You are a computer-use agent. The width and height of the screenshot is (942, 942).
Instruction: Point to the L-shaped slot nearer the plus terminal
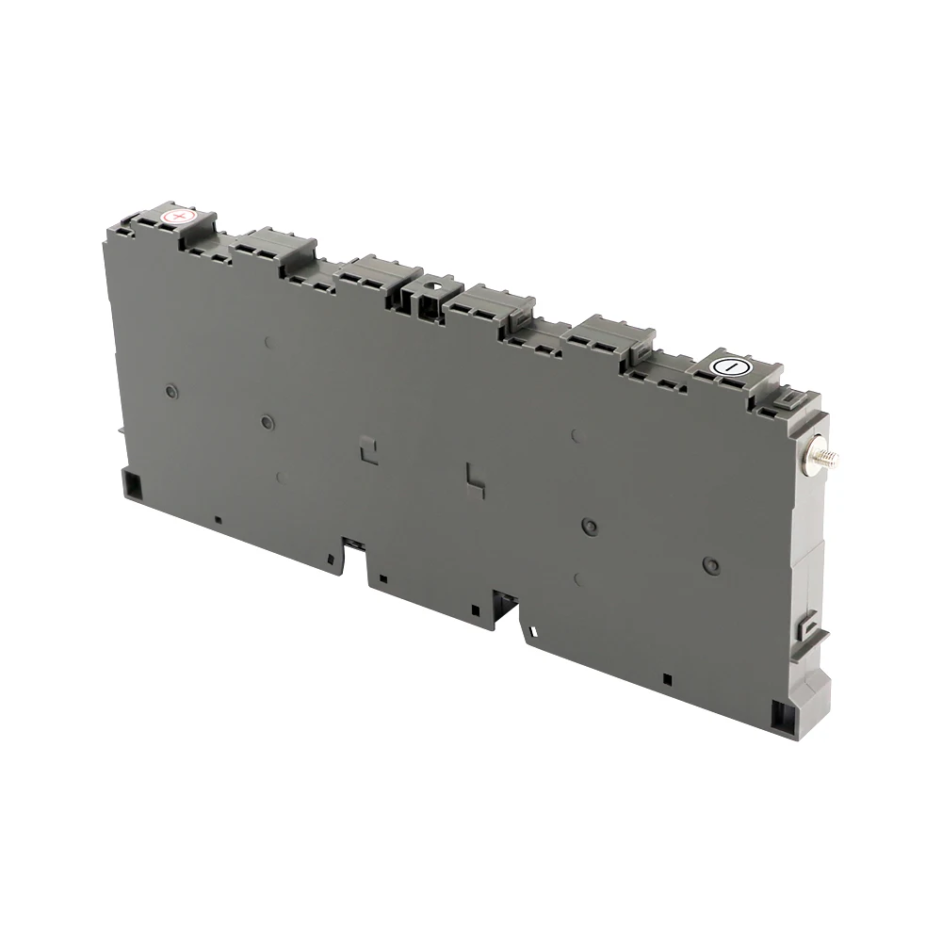[x=367, y=449]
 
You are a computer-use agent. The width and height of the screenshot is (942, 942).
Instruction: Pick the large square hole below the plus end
[x=132, y=485]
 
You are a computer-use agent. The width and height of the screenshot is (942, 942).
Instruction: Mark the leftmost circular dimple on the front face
[x=171, y=389]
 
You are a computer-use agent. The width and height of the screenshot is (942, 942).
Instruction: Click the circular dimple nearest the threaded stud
[x=711, y=565]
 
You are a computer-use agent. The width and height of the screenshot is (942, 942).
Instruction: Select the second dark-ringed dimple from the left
[x=268, y=421]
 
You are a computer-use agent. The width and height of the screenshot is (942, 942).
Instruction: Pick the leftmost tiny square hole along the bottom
[x=218, y=518]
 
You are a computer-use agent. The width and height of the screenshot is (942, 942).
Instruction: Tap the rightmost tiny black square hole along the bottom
[x=667, y=678]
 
